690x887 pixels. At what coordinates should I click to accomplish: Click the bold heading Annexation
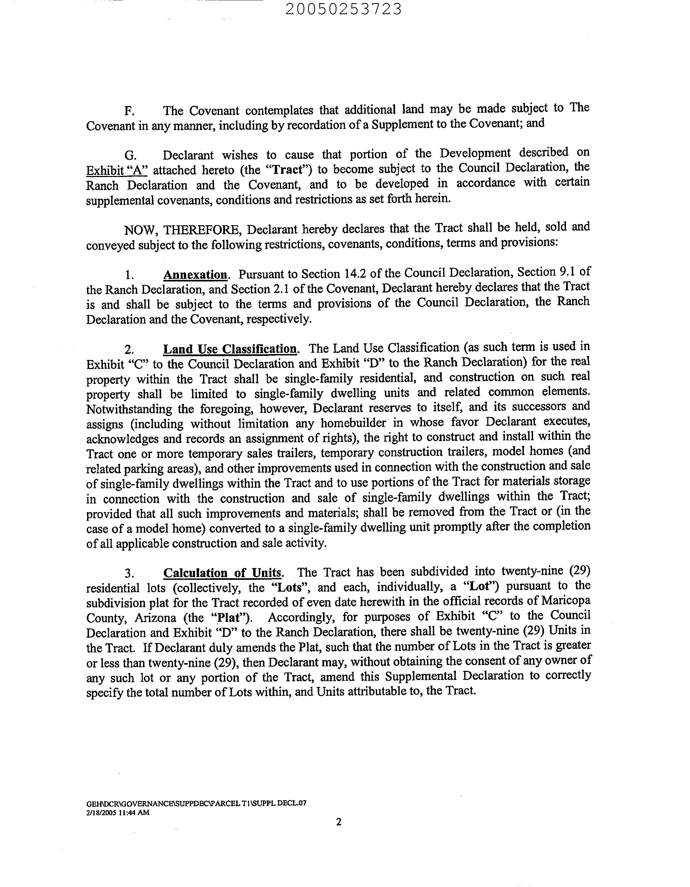click(195, 275)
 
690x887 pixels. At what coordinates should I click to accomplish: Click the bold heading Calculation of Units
click(222, 573)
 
